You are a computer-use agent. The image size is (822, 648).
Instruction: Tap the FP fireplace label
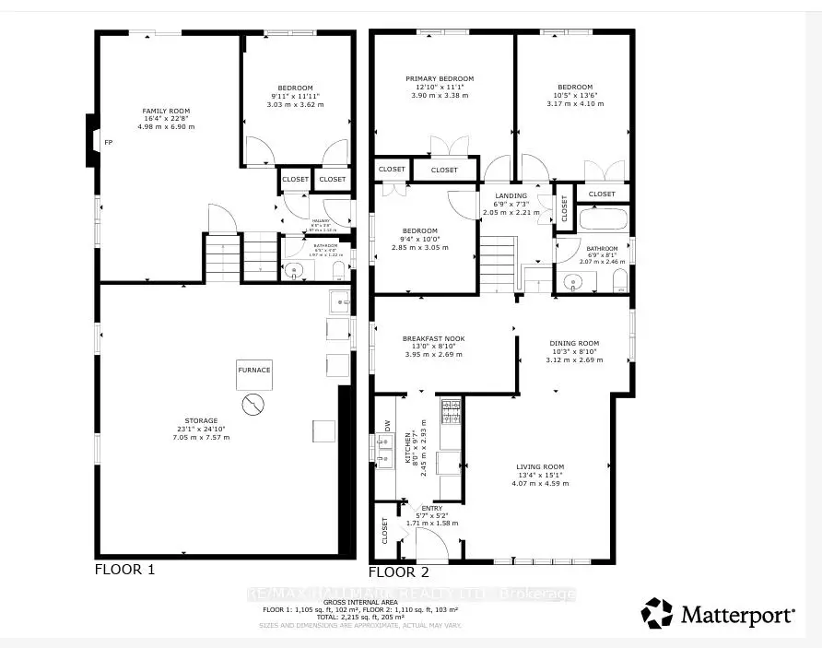pyautogui.click(x=109, y=143)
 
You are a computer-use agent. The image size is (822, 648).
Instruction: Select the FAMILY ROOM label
pyautogui.click(x=166, y=111)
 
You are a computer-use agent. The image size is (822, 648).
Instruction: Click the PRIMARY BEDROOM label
pyautogui.click(x=440, y=79)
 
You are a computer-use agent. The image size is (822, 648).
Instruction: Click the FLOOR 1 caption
pyautogui.click(x=124, y=570)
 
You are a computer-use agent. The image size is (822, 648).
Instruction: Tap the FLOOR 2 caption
pyautogui.click(x=399, y=571)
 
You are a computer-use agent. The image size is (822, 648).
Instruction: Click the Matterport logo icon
pyautogui.click(x=658, y=613)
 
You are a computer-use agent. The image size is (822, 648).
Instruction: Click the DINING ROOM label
pyautogui.click(x=575, y=343)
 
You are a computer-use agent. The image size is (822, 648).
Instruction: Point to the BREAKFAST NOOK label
pyautogui.click(x=434, y=338)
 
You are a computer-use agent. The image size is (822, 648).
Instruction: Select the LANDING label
pyautogui.click(x=511, y=195)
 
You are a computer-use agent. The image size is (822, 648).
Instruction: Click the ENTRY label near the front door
pyautogui.click(x=431, y=507)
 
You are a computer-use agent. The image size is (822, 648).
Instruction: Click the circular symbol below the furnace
pyautogui.click(x=252, y=404)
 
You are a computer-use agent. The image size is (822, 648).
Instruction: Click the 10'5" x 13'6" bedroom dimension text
pyautogui.click(x=574, y=96)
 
